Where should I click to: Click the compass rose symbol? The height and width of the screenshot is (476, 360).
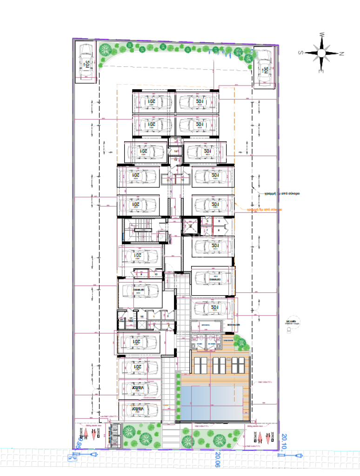[321, 53]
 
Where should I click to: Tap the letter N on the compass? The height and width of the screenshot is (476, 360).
[341, 54]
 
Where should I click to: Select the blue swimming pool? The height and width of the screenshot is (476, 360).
[212, 403]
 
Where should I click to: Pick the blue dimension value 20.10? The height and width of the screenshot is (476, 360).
[284, 442]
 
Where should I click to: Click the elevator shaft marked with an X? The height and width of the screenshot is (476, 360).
[190, 227]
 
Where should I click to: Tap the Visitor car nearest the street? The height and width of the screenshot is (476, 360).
[139, 409]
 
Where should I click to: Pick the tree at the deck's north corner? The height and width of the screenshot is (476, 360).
[240, 344]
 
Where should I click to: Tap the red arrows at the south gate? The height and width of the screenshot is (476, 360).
[89, 434]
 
